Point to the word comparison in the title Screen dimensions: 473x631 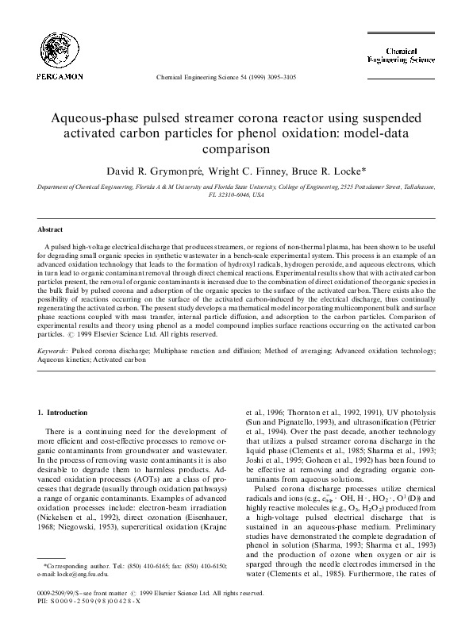click(236, 148)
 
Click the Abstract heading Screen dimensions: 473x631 click(51, 229)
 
